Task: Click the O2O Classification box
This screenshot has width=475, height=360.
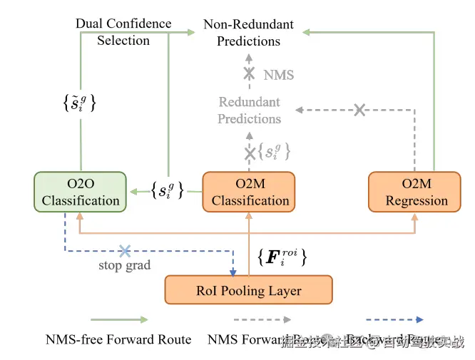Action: (80, 192)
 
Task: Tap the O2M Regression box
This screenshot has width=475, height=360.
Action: (416, 192)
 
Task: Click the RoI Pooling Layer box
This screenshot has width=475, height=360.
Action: (248, 290)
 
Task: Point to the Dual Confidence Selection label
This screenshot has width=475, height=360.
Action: (123, 32)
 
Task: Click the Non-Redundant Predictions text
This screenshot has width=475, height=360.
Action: (248, 33)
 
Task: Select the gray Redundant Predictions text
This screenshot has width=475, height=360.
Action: (249, 110)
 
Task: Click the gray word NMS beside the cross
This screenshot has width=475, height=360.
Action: (278, 74)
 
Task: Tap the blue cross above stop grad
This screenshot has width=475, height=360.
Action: (125, 250)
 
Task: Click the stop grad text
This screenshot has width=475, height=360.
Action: (125, 266)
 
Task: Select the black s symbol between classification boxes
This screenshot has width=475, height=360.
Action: (167, 190)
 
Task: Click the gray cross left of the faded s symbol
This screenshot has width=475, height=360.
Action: (250, 153)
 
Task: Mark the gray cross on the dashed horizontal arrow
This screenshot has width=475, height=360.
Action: (360, 110)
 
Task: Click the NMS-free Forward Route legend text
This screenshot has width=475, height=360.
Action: (118, 339)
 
